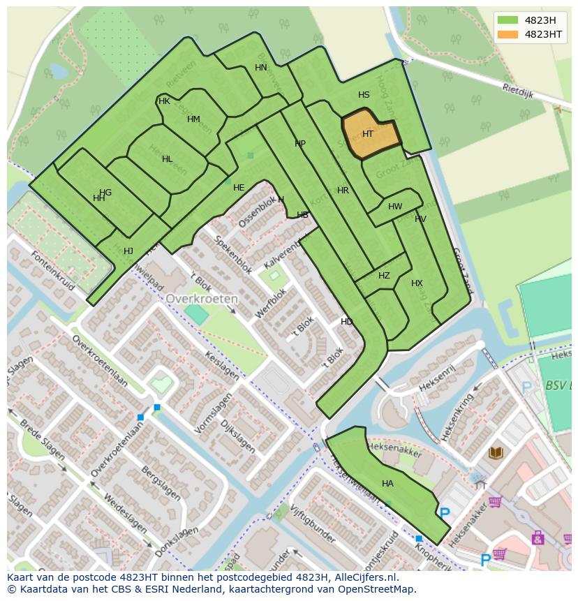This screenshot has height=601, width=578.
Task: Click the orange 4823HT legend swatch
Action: [x=508, y=34]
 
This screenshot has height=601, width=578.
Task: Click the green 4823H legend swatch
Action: [x=508, y=20]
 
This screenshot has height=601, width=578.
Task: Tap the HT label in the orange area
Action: [x=368, y=134]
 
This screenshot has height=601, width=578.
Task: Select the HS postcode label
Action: [x=364, y=95]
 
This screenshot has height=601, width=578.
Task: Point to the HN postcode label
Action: [x=260, y=68]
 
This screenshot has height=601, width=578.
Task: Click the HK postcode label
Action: [x=164, y=101]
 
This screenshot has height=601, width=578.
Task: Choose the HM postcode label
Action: [x=193, y=119]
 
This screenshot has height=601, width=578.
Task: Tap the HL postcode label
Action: [x=167, y=159]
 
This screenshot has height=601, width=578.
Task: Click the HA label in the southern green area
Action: [x=387, y=484]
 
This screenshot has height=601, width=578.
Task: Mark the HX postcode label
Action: [x=417, y=283]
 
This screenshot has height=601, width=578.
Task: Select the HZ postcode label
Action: [x=384, y=276]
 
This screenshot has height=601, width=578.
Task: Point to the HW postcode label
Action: [x=395, y=207]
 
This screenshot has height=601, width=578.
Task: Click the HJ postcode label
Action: [x=128, y=251]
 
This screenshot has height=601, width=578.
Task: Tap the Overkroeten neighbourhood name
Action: [x=202, y=298]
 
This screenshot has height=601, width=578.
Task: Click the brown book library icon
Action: [x=496, y=453]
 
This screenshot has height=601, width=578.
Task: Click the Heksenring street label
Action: [x=457, y=417]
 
